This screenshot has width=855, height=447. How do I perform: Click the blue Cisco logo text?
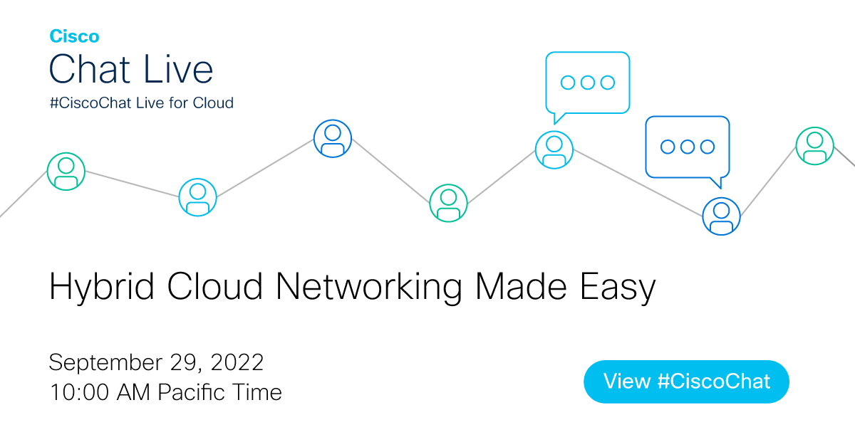(74, 37)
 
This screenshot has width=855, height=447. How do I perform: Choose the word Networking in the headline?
(369, 287)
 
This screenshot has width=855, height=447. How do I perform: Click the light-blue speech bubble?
(588, 83)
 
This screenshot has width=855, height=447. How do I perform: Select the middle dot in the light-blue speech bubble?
(588, 83)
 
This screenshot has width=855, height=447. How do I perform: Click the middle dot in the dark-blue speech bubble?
(688, 147)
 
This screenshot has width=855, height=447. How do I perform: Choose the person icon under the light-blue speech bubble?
(554, 149)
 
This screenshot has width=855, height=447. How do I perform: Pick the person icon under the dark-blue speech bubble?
(721, 216)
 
